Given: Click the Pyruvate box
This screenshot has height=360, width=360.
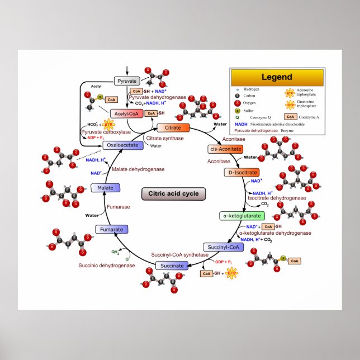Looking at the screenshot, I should [x=126, y=81].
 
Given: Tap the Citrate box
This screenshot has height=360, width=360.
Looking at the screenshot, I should [x=173, y=128].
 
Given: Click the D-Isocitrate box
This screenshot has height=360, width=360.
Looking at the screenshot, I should [x=241, y=173].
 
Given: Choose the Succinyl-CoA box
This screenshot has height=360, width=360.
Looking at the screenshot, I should [x=222, y=247].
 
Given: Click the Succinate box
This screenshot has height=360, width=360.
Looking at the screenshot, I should [x=172, y=266].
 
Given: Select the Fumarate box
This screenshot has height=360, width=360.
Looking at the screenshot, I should [x=112, y=229].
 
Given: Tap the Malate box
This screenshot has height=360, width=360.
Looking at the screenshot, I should [x=105, y=188].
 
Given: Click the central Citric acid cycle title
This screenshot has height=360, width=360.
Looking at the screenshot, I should [x=173, y=194].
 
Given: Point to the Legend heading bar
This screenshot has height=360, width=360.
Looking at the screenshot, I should [x=277, y=77].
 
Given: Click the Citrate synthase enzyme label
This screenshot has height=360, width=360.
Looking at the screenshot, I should [x=164, y=138].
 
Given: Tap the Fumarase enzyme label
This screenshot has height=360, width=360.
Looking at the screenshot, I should [x=119, y=207].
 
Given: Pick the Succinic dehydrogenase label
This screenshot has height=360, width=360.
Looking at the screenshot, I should [x=107, y=265].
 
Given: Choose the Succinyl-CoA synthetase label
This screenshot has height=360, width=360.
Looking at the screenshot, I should [x=179, y=255].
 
